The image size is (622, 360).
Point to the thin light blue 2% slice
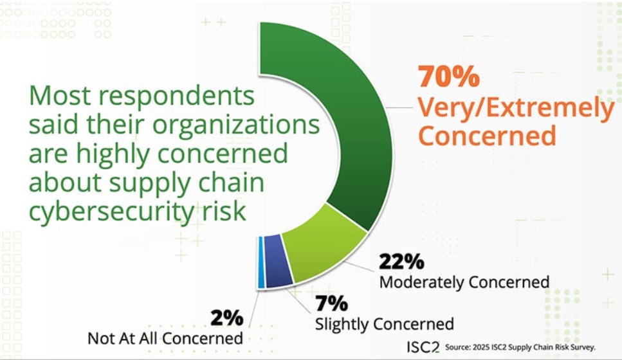(x=261, y=263)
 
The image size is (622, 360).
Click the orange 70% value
(x=448, y=76)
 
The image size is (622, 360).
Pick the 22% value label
(x=401, y=262)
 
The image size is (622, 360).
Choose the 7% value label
(x=331, y=303)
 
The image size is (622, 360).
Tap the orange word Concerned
(x=487, y=136)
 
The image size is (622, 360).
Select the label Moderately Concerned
(x=464, y=282)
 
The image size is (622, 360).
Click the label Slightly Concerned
(x=384, y=323)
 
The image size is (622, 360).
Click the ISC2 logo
(x=423, y=347)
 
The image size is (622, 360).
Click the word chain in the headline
(x=231, y=182)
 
